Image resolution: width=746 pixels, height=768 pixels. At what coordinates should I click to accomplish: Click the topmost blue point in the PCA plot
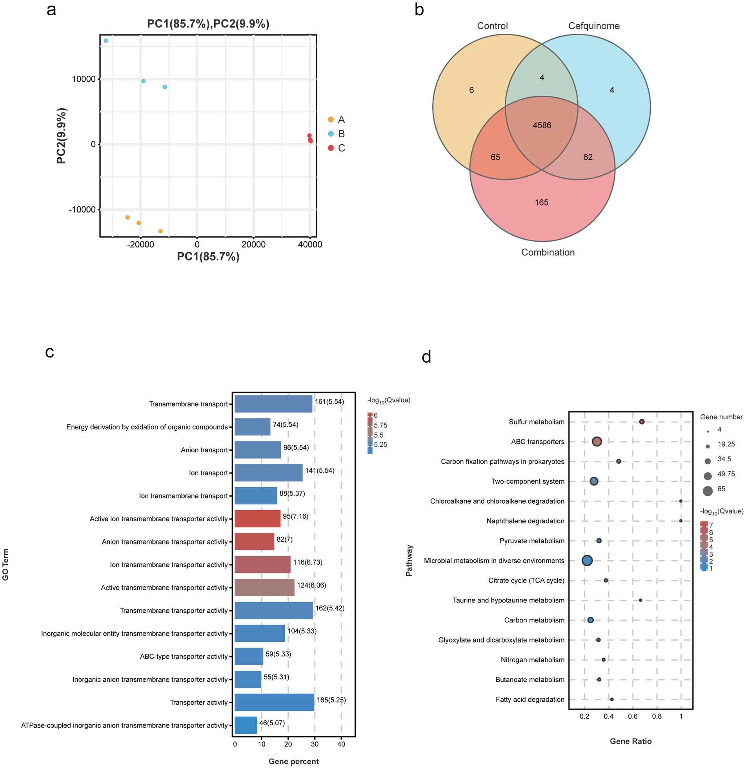[106, 41]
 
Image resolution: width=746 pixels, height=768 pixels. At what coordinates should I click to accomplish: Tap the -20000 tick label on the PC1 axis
[141, 245]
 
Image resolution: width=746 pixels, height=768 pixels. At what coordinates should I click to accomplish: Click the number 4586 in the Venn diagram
[542, 126]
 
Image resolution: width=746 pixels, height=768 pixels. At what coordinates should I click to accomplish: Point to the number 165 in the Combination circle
[541, 202]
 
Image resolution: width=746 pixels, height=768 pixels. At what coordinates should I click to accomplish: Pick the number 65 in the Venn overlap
[495, 157]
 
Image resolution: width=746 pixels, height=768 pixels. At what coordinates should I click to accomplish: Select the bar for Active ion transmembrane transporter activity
[257, 519]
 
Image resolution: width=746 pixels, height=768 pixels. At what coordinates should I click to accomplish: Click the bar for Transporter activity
[274, 702]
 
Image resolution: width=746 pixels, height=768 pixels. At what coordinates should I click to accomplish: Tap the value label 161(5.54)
[329, 402]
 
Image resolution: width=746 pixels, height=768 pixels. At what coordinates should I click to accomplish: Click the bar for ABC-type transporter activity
[249, 656]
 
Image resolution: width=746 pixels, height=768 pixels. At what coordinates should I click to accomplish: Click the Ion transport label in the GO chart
[208, 473]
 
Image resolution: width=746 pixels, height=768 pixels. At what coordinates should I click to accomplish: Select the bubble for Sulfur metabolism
[642, 422]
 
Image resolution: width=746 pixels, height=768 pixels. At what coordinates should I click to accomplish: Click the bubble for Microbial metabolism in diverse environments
[587, 561]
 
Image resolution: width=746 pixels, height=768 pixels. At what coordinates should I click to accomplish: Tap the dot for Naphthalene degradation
[681, 521]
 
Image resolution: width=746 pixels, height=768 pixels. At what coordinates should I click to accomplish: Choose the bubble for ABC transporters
[597, 442]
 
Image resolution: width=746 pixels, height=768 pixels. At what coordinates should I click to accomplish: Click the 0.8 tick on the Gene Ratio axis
[657, 716]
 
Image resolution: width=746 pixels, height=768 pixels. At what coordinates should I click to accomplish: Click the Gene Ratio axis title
[630, 741]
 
